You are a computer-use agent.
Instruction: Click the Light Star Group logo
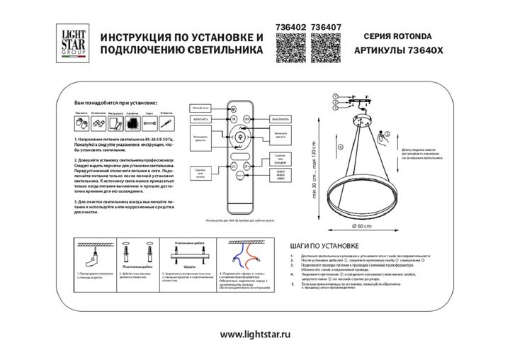click(x=70, y=43)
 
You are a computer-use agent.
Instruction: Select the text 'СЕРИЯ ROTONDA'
click(x=399, y=34)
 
